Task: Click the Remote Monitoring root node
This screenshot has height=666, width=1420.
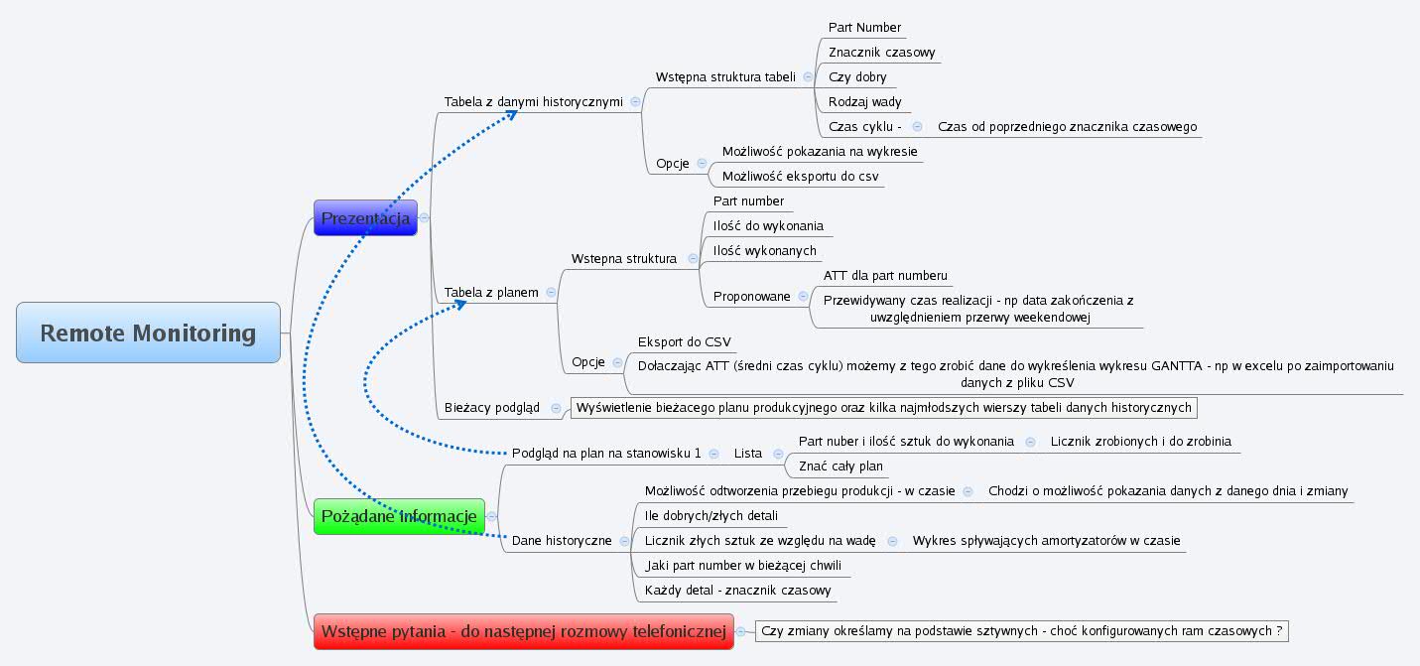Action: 148,333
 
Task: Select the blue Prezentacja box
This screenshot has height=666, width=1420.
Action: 365,218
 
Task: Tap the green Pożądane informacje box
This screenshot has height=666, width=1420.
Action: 399,516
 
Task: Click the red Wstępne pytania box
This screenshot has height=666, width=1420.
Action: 524,631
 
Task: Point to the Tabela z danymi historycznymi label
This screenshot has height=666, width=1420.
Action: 533,101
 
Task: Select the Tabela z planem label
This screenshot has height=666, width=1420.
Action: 491,292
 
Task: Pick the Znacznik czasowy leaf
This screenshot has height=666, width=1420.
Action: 881,52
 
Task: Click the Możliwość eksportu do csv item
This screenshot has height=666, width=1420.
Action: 800,177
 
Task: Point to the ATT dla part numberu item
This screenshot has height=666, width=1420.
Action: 885,275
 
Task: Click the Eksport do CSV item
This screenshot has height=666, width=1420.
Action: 684,342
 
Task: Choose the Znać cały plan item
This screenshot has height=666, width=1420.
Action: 840,466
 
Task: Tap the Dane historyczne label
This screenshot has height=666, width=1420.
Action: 562,540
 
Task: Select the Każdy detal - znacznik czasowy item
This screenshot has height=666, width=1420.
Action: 737,590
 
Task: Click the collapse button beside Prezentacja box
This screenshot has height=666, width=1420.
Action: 424,217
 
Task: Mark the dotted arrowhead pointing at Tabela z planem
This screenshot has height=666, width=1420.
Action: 458,305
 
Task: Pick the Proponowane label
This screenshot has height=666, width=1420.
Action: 751,296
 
